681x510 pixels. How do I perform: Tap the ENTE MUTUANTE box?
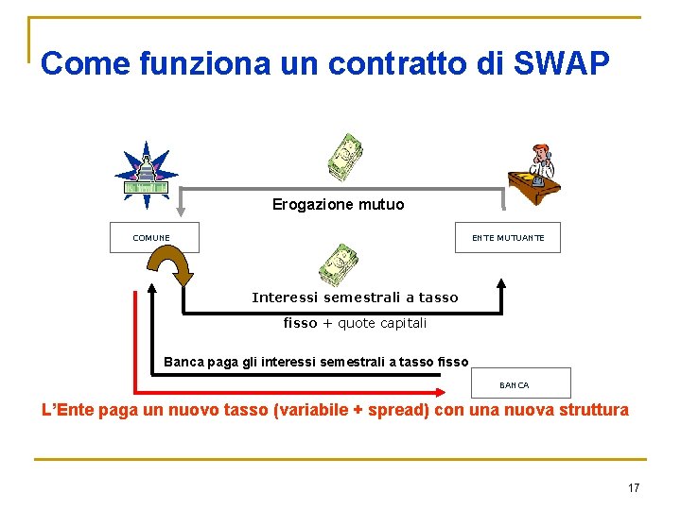[x=509, y=238]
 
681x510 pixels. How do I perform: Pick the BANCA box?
[x=520, y=383]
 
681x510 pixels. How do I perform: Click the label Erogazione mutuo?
[x=338, y=204]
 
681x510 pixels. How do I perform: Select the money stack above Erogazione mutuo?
[x=345, y=157]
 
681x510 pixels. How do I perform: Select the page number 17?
[x=633, y=488]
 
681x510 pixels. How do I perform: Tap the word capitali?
[x=405, y=323]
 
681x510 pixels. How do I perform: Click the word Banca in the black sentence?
[x=183, y=361]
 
